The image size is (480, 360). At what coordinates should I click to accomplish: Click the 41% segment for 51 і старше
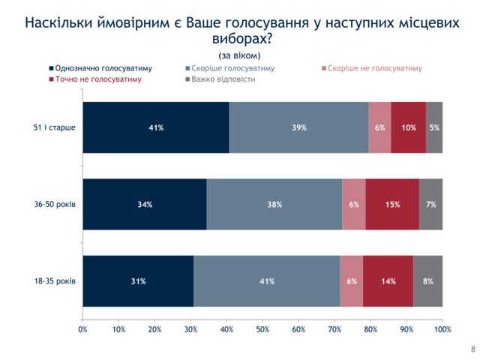[x=156, y=127]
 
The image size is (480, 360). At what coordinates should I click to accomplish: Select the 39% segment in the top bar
[x=298, y=127]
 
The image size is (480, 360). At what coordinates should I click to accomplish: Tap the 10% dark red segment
[x=408, y=127]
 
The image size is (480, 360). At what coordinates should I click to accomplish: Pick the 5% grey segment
[x=434, y=127]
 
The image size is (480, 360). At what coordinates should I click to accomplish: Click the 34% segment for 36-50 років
[x=145, y=205]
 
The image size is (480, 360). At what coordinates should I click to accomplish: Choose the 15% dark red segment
[x=392, y=205]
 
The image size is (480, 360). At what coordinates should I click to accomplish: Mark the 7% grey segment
[x=430, y=205]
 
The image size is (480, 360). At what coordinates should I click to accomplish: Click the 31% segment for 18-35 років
[x=139, y=281]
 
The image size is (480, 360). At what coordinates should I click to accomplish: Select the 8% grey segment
[x=428, y=281]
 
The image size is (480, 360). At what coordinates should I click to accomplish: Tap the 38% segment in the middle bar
[x=274, y=205]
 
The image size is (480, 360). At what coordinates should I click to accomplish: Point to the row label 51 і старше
[x=54, y=127]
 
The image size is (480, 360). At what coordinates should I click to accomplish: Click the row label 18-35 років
[x=52, y=281]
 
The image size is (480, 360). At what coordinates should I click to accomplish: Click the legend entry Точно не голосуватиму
[x=97, y=79]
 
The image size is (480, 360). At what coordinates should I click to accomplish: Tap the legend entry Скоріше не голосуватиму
[x=375, y=67]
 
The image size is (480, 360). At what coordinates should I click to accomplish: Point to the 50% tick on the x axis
[x=262, y=329]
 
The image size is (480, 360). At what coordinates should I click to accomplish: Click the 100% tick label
[x=442, y=329]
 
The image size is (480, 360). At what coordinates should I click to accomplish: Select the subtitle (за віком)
[x=240, y=55]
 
